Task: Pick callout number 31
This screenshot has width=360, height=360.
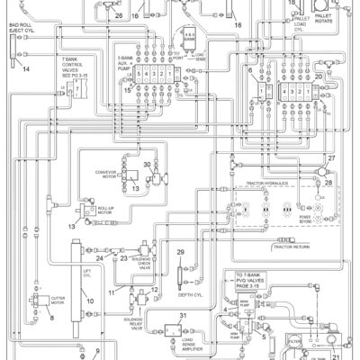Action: tap(183, 314)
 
